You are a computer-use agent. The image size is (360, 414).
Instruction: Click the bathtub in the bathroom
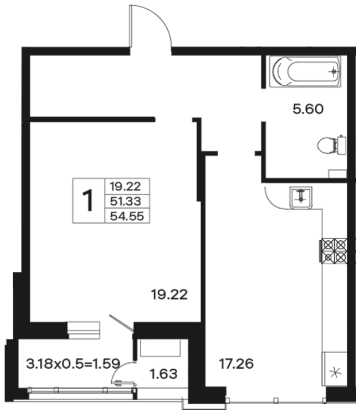[x=305, y=71]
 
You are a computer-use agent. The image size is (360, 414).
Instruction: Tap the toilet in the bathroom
[x=331, y=145]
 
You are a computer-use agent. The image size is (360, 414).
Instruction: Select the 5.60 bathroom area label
[x=308, y=109]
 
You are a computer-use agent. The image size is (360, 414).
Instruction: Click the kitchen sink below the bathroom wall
[x=301, y=198]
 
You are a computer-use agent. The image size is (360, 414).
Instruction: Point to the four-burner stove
[x=334, y=251]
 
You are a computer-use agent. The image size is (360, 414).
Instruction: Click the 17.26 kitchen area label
[x=236, y=364]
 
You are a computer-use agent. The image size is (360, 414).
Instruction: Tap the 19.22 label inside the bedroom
[x=169, y=294]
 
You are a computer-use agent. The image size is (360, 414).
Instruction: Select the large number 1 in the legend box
[x=88, y=200]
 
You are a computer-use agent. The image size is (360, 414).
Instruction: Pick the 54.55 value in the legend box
[x=127, y=217]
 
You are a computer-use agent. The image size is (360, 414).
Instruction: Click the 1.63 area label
[x=163, y=374]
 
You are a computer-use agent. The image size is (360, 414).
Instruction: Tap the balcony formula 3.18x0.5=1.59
[x=73, y=364]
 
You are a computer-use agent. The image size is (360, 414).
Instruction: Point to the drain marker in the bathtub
[x=334, y=71]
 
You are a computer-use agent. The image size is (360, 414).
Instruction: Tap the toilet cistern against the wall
[x=342, y=145]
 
